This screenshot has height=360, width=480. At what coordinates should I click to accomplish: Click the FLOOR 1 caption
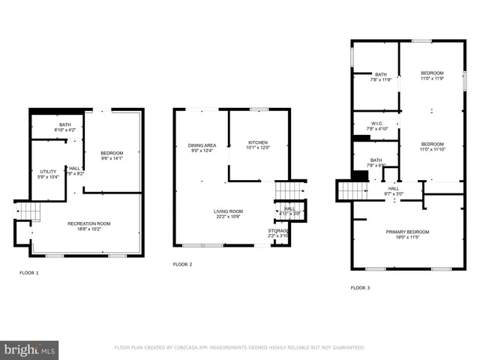[28, 273]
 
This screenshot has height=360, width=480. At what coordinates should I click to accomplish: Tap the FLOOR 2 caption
[182, 265]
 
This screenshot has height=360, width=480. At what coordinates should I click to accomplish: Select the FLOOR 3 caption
[360, 288]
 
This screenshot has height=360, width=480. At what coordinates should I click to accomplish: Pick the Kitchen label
[257, 142]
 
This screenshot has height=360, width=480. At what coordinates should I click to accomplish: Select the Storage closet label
[278, 230]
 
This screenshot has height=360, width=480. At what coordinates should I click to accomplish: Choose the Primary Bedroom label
[406, 232]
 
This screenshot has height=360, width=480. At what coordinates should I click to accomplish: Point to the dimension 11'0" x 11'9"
[432, 79]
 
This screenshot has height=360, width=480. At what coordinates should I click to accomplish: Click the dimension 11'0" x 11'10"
[432, 149]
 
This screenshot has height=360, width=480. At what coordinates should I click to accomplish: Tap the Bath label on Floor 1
[66, 124]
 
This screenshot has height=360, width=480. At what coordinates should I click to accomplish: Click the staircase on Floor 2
[290, 192]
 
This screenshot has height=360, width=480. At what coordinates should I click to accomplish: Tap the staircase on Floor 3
[349, 191]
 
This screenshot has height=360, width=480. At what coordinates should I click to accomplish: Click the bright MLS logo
[30, 349]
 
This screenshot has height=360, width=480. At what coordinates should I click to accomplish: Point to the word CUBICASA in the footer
[193, 348]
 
